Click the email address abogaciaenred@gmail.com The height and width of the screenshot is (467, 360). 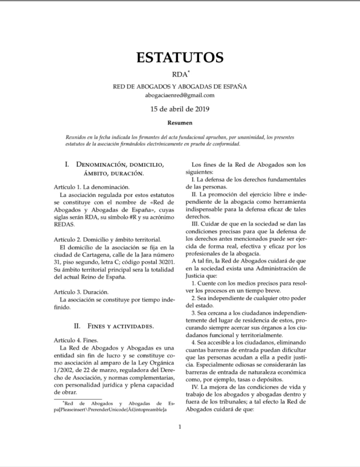[x=179, y=95]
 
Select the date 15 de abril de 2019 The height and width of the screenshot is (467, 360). [x=179, y=109]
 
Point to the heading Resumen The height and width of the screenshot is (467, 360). [x=179, y=123]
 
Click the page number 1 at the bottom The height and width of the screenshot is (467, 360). [x=179, y=426]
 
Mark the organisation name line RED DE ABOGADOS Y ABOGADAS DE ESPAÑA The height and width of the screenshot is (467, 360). [x=179, y=86]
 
